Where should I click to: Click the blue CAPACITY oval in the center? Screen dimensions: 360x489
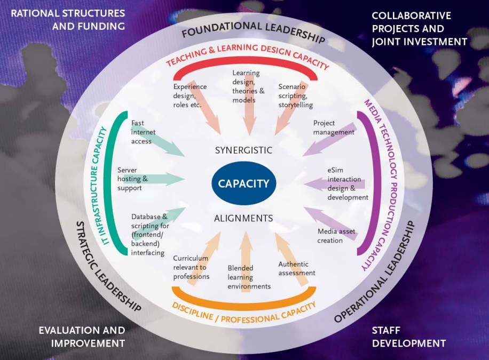click(244, 184)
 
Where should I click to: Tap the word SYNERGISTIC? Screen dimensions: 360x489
click(243, 150)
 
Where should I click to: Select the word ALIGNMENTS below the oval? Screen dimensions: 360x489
click(243, 218)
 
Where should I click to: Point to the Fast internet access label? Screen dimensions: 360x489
click(141, 132)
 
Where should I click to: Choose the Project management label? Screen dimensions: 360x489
click(334, 127)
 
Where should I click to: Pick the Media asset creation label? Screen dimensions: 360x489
click(336, 236)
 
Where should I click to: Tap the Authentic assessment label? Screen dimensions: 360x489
click(297, 268)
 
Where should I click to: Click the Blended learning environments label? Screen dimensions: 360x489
click(249, 277)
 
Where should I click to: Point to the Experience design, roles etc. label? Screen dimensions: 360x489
click(190, 96)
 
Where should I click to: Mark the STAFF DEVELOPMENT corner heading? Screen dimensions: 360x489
click(408, 337)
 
